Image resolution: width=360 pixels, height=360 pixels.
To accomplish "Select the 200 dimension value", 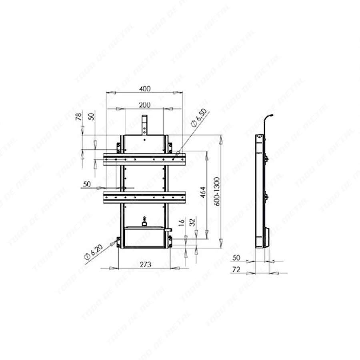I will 144,105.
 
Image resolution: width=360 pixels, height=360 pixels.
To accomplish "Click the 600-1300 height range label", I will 217,191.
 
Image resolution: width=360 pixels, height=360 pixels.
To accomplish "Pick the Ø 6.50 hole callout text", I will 199,118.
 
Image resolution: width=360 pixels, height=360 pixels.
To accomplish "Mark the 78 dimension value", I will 79,116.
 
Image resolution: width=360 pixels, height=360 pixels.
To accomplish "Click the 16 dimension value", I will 182,223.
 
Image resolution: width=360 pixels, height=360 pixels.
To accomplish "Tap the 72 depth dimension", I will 236,270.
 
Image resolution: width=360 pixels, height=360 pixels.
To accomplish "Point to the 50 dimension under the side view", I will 236,258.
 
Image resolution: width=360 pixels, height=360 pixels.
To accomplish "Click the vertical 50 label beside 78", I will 91,116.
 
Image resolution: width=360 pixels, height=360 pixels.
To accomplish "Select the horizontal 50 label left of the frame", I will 86,184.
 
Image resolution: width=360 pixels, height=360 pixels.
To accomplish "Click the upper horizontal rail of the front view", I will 144,159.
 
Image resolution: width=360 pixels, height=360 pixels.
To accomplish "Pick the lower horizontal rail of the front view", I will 144,197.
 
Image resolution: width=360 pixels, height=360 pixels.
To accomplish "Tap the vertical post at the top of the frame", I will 144,125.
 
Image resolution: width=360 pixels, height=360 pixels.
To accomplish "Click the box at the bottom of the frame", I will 144,237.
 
